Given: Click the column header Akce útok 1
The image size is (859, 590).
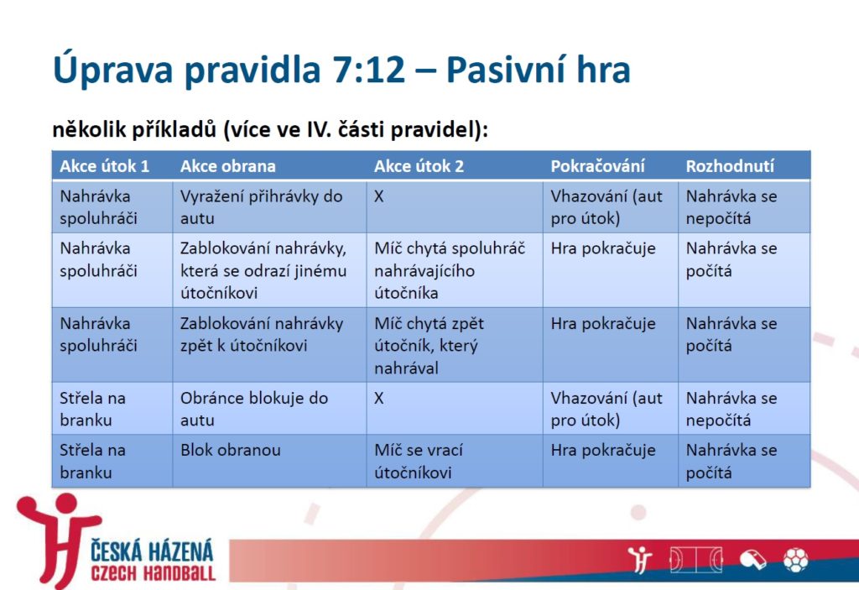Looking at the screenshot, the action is (105, 166).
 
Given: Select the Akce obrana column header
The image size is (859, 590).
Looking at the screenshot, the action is (228, 166).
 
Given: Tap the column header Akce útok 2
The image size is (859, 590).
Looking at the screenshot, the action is (419, 166).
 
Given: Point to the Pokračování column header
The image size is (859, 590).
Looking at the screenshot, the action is (597, 166).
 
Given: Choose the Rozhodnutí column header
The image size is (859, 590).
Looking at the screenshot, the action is (730, 166).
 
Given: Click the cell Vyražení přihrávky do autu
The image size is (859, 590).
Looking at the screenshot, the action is (262, 207).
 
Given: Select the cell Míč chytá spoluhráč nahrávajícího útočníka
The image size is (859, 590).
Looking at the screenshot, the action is (450, 270).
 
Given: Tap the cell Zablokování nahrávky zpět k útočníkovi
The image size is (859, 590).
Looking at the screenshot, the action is (262, 335).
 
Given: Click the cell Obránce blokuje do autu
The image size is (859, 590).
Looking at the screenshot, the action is (254, 409).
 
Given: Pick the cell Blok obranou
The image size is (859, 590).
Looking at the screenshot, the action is (231, 450).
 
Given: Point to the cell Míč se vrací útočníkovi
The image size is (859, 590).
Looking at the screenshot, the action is (419, 461).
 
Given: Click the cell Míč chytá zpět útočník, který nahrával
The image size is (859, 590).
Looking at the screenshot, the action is (429, 346).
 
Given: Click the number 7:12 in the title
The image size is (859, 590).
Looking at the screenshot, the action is (368, 70).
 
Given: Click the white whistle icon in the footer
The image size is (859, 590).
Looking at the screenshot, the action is (753, 560).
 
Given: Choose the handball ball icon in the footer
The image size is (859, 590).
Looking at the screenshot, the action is (796, 560).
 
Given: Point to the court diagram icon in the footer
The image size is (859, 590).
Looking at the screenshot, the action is (696, 560).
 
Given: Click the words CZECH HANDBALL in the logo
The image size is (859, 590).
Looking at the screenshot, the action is (154, 574).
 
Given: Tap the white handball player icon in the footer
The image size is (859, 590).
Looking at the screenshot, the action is (640, 560).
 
